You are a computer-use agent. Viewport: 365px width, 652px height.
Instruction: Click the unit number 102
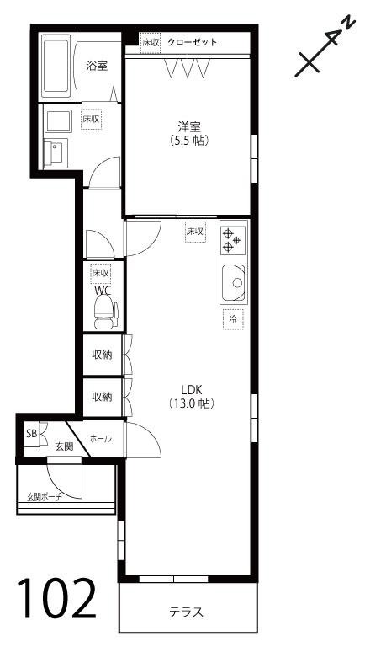tap(56, 598)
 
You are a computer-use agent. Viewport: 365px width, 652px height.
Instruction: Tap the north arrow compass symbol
tap(325, 47)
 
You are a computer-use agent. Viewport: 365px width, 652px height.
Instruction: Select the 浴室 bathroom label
tap(97, 66)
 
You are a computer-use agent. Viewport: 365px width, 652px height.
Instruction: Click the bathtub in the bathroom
tap(56, 66)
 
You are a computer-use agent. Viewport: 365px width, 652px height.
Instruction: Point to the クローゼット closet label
tap(193, 42)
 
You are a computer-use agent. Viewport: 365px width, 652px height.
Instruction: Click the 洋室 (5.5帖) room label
tap(189, 133)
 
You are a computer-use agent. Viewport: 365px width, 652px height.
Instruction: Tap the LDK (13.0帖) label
tap(192, 396)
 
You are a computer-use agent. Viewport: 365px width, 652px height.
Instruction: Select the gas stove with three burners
tap(232, 241)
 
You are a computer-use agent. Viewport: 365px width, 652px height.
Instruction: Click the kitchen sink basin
tap(233, 283)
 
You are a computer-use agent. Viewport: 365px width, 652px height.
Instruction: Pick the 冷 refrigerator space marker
tap(233, 319)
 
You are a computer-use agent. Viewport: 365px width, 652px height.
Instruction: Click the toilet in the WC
tap(106, 311)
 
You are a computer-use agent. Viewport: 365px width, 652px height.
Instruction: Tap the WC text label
tap(103, 290)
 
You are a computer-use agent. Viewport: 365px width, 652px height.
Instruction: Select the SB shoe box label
tap(32, 433)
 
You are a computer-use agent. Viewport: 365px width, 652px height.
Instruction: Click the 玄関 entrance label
tap(65, 446)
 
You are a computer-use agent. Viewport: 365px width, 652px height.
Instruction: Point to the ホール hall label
tap(100, 438)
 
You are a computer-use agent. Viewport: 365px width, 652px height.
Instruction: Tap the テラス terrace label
tap(187, 612)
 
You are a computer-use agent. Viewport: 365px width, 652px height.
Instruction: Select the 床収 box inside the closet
tap(151, 43)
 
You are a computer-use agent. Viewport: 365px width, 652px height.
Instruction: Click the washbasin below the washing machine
tap(56, 153)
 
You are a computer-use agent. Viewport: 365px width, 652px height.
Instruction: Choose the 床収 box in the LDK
tap(195, 231)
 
